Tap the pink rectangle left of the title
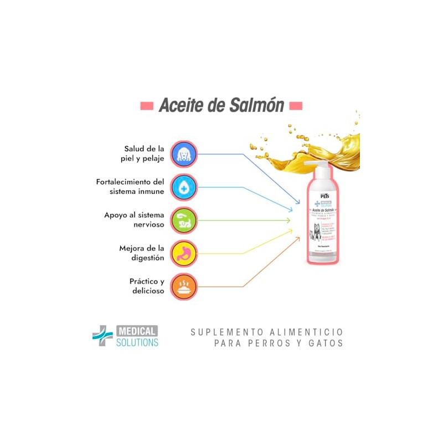tap(146, 105)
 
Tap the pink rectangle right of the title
tap(296, 105)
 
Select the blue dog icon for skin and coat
tap(183, 154)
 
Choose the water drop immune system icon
tap(183, 187)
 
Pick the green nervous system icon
tap(183, 220)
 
